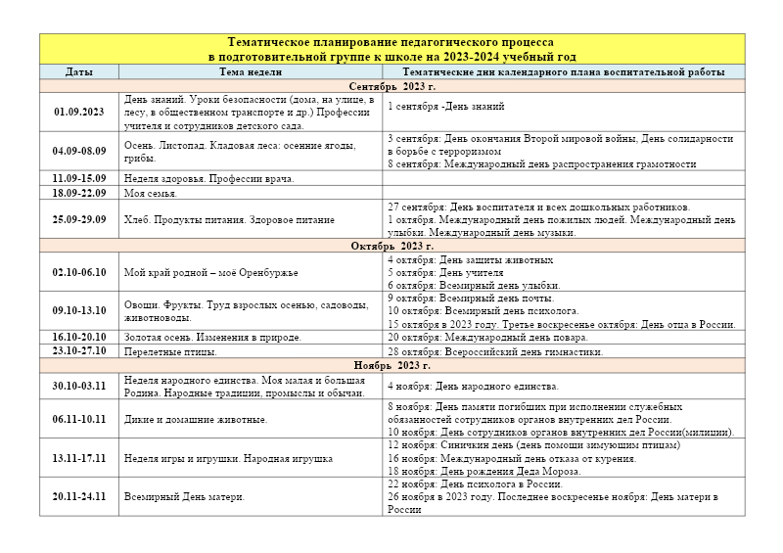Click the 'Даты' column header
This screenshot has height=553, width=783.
[79, 72]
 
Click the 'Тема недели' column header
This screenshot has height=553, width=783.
[251, 72]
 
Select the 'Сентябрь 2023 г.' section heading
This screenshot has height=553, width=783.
[391, 86]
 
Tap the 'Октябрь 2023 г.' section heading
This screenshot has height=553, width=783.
[391, 246]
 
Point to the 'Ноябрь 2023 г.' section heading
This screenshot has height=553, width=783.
[391, 364]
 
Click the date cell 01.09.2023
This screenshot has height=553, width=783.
[79, 112]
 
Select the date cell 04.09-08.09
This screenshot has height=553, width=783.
[79, 151]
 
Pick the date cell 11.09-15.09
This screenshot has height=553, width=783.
[79, 178]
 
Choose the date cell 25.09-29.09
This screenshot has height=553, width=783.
[79, 219]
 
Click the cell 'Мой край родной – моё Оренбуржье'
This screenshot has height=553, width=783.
[211, 272]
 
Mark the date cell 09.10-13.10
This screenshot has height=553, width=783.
[79, 310]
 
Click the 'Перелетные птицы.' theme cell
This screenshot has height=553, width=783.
[170, 350]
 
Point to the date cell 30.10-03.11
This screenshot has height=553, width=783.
[79, 386]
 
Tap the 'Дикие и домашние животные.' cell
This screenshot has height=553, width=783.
[196, 419]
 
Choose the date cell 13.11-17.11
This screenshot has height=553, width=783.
[79, 458]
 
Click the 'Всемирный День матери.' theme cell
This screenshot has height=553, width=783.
[184, 496]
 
